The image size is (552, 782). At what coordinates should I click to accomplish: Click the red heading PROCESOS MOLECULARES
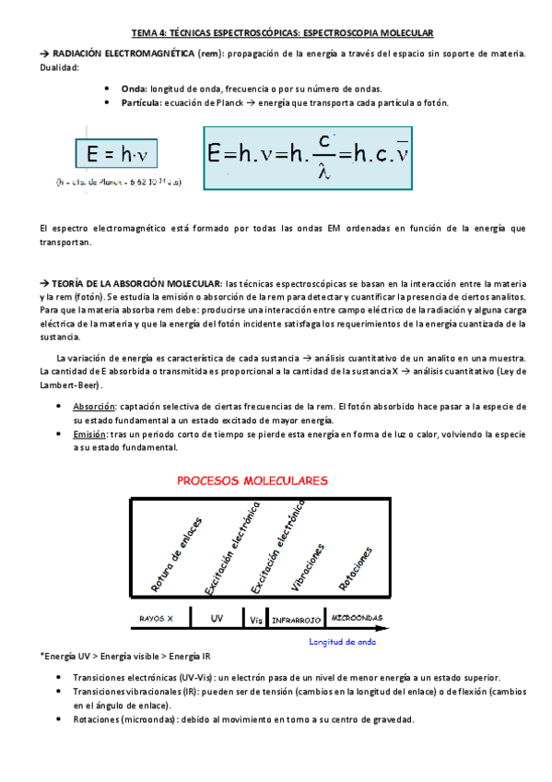pos(251,480)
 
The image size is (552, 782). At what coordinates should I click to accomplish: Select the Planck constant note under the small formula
pos(119,182)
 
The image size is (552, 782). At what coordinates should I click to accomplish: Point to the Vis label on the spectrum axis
pos(255,619)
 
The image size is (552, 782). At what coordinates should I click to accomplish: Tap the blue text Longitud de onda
pos(342,641)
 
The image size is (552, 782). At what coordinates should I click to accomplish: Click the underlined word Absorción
pos(94,406)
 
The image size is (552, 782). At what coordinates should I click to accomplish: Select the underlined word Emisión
pos(89,433)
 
